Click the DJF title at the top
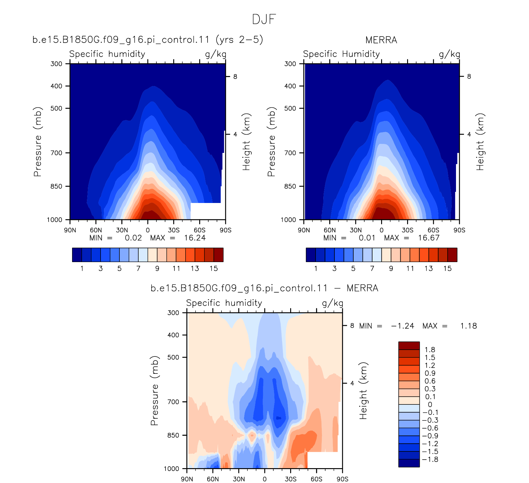click(x=264, y=19)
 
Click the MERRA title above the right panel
click(x=381, y=40)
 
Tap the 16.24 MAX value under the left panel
click(x=195, y=238)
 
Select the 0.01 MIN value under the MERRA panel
click(x=367, y=238)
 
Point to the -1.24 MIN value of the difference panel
click(x=402, y=326)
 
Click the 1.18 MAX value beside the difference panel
click(x=469, y=326)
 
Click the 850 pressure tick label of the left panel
click(x=56, y=186)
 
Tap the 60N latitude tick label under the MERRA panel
click(x=330, y=230)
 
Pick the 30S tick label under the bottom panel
click(x=290, y=479)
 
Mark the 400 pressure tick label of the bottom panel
click(x=173, y=335)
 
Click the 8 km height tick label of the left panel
click(x=235, y=76)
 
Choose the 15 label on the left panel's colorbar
click(x=214, y=268)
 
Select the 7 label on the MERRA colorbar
click(x=372, y=268)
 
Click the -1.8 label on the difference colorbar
click(x=430, y=459)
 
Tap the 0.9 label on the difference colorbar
click(x=430, y=373)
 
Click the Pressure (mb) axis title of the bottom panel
click(x=155, y=390)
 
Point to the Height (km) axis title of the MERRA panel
click(x=480, y=142)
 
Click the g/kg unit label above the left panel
click(x=216, y=54)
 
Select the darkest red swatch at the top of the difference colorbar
click(x=409, y=346)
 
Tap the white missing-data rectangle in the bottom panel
click(x=325, y=460)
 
